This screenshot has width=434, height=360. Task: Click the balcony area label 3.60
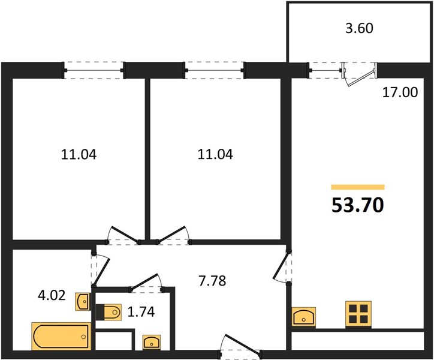(359, 28)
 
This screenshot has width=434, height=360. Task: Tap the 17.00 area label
(400, 92)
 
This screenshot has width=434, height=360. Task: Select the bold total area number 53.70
(358, 205)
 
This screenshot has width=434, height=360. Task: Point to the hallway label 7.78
(212, 281)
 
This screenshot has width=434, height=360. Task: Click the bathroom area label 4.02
(52, 295)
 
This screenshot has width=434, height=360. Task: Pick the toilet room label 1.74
(141, 312)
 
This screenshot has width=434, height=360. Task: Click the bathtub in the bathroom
(62, 336)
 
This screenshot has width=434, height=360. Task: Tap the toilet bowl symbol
(108, 313)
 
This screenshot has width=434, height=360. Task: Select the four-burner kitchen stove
(358, 313)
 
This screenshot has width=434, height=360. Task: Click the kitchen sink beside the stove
(304, 316)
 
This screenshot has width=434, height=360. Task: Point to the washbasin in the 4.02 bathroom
(83, 302)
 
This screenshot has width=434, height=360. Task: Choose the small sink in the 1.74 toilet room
(152, 342)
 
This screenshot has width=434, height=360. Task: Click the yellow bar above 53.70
(358, 187)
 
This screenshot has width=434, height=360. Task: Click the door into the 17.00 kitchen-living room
(282, 266)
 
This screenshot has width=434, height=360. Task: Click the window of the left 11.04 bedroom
(94, 70)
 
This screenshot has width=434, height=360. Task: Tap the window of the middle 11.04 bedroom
(214, 70)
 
